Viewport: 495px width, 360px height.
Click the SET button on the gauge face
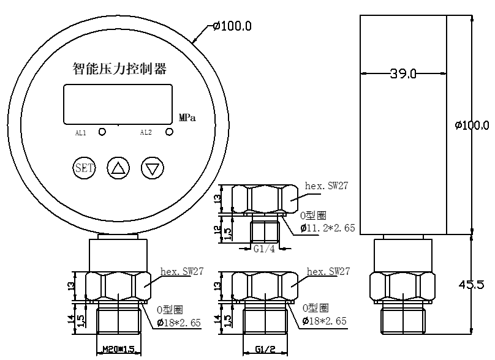(x=84, y=168)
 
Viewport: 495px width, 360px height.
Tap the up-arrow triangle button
(x=118, y=168)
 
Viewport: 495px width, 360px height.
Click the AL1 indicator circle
(x=102, y=132)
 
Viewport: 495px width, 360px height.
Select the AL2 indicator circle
(x=170, y=132)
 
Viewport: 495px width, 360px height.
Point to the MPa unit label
(x=187, y=118)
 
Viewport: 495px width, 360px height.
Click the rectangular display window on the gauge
(x=118, y=104)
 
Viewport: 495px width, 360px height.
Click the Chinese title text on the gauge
(x=119, y=69)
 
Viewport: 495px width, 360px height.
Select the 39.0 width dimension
(x=404, y=74)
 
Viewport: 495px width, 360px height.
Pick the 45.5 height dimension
(x=471, y=285)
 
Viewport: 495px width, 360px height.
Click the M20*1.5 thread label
(x=119, y=349)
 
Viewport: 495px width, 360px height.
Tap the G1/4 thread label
(x=264, y=249)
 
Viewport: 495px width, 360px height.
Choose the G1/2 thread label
(x=265, y=349)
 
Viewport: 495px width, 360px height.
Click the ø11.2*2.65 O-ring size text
(x=328, y=228)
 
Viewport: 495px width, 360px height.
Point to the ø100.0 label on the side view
(x=472, y=126)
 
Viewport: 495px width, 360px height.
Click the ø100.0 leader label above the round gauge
(x=232, y=26)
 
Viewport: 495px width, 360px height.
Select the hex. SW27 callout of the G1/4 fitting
(x=327, y=186)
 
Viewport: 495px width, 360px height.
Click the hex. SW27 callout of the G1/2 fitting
(x=328, y=271)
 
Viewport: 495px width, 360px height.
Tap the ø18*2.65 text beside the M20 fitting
(x=179, y=323)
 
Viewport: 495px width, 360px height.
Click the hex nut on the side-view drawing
(x=402, y=287)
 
